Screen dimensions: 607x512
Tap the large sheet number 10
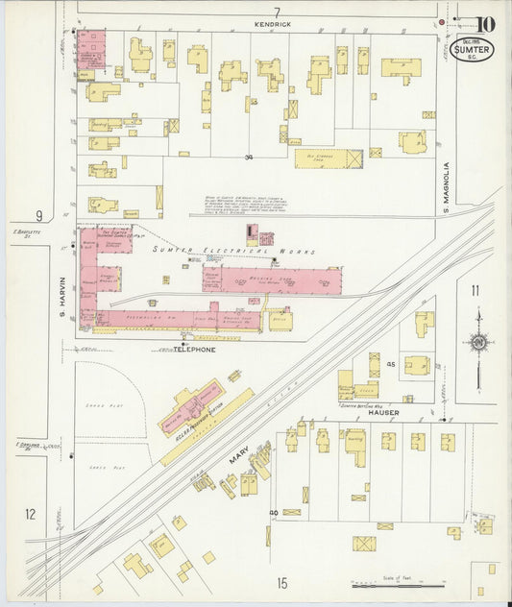tap(485, 24)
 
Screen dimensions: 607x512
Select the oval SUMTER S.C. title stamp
tap(473, 49)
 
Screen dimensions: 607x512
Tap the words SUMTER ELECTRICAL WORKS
tap(232, 251)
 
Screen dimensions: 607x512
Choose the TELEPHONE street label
tap(194, 350)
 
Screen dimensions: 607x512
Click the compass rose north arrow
tap(477, 341)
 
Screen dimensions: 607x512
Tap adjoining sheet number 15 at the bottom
tap(282, 582)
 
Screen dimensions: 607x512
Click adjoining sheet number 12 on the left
tap(30, 514)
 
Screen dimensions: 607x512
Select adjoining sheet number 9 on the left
tap(39, 215)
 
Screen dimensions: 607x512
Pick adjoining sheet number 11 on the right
tap(475, 290)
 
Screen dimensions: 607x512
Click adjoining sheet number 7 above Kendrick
tap(276, 12)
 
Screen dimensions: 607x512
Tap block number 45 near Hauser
tap(391, 365)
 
